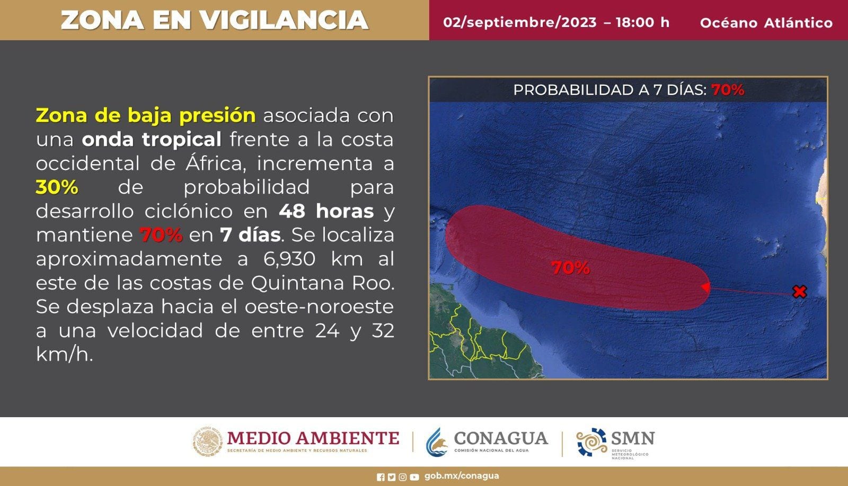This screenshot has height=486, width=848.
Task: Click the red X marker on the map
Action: [x=800, y=292]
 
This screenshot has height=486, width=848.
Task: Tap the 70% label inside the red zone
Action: [x=570, y=268]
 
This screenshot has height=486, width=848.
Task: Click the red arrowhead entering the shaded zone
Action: [x=705, y=287]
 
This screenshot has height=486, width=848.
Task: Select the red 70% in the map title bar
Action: [x=728, y=90]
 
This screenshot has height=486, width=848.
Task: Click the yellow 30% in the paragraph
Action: [x=57, y=187]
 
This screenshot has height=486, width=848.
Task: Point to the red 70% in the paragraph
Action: [x=161, y=235]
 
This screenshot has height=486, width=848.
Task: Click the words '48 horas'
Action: [x=326, y=211]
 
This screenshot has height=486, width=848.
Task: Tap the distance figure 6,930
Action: [x=289, y=259]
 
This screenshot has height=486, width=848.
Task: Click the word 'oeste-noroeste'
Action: [x=319, y=307]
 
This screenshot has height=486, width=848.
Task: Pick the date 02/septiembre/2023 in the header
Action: [x=520, y=22]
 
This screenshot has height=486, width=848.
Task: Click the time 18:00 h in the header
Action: [x=642, y=22]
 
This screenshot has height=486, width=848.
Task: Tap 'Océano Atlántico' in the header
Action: [x=766, y=23]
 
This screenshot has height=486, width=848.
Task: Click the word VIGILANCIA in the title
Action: [x=284, y=20]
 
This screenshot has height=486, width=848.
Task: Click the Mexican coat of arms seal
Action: [x=208, y=441]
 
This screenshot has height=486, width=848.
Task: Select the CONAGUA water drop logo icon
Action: [x=437, y=442]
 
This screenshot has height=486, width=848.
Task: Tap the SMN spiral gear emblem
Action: [x=591, y=442]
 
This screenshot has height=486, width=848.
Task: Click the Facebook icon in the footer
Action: [x=381, y=478]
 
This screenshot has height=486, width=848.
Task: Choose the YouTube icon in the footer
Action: [x=414, y=478]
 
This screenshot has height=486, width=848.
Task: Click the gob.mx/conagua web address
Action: [x=462, y=476]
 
